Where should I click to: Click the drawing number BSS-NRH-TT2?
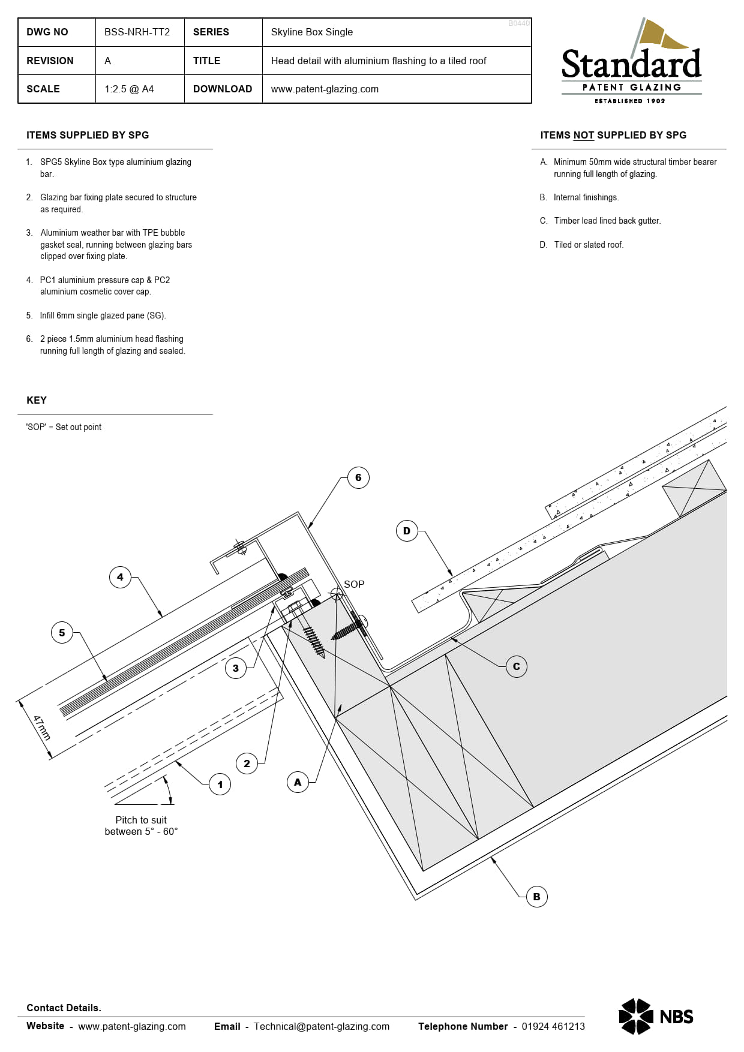(137, 32)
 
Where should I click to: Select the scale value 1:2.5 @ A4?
(129, 89)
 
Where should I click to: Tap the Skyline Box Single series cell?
(311, 32)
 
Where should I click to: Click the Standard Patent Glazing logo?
(631, 62)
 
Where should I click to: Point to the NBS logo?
(656, 1016)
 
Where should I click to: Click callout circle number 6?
(358, 477)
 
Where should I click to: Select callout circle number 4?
(120, 577)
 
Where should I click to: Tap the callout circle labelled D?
(407, 531)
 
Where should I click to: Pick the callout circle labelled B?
(536, 897)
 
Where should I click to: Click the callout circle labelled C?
(516, 666)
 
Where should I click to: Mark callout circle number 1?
(220, 784)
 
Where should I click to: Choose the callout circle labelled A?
(298, 782)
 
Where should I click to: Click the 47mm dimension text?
(41, 728)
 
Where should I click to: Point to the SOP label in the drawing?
(354, 584)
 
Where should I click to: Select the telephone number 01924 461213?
(553, 1026)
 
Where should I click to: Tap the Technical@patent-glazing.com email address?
(321, 1026)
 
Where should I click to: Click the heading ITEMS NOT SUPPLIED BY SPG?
(613, 135)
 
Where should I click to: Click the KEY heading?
(37, 400)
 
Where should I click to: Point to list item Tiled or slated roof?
(588, 245)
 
